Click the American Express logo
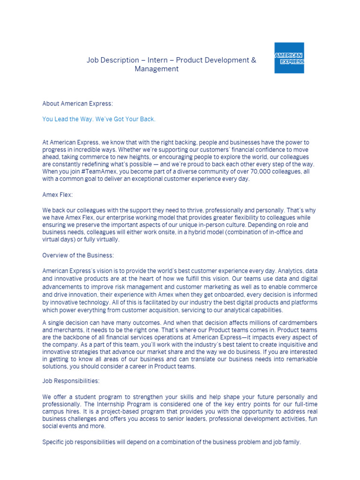coord(289,58)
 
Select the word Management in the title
coord(157,69)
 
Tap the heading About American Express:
coord(77,103)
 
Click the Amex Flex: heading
coord(57,195)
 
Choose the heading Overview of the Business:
coord(78,255)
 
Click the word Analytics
coord(293,271)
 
